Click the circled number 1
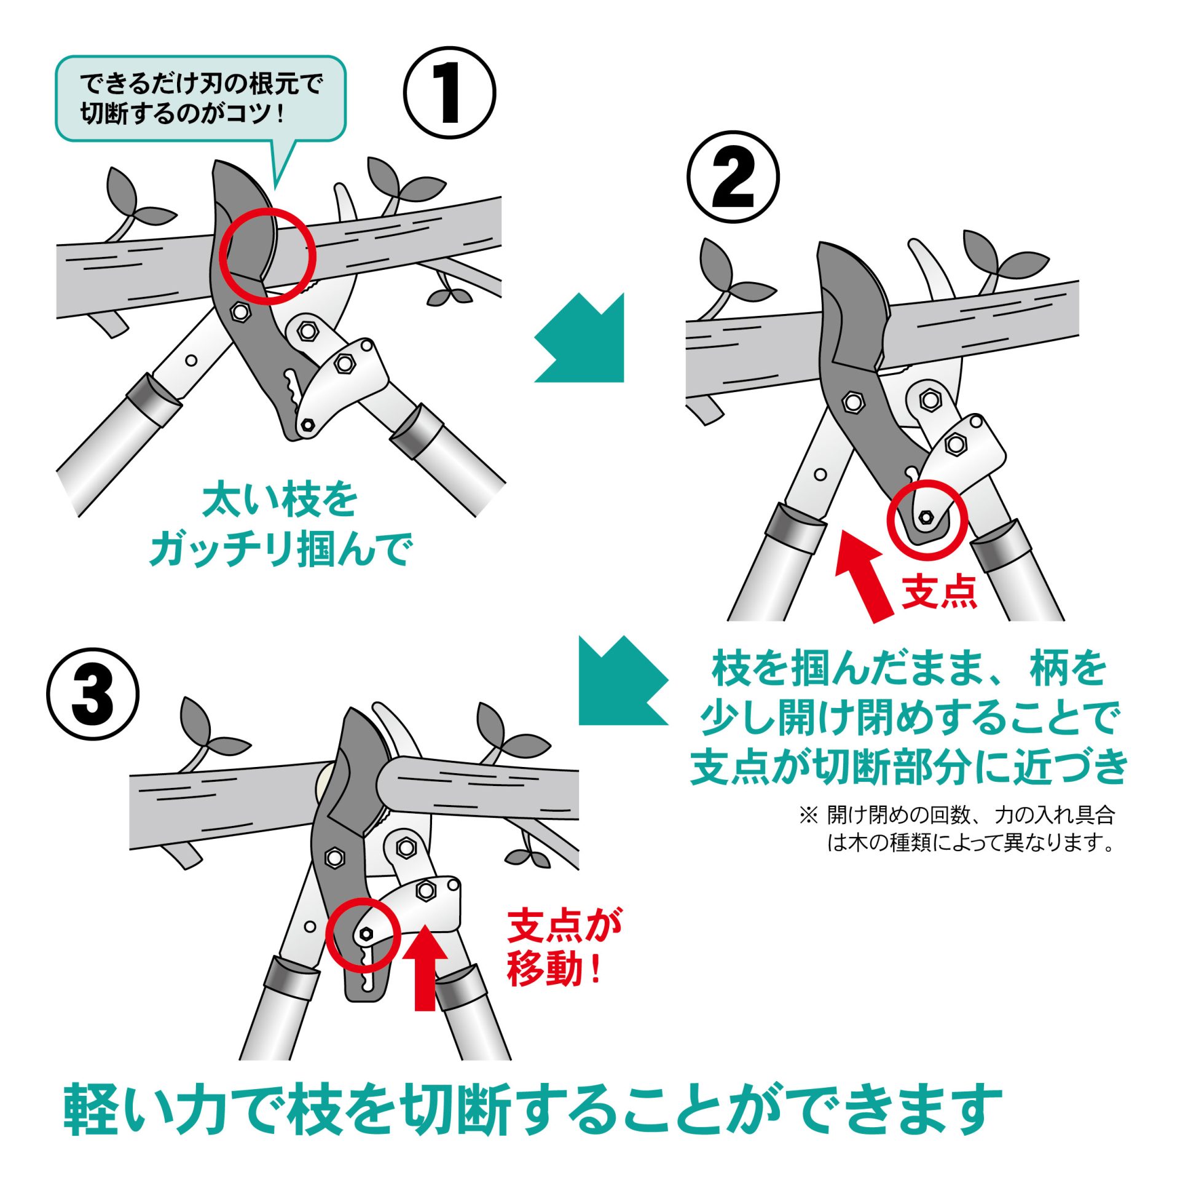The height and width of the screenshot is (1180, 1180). (x=449, y=93)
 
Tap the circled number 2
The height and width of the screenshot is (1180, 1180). (x=733, y=177)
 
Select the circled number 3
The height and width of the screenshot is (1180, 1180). (x=93, y=694)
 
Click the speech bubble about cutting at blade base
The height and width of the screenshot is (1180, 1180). (x=200, y=98)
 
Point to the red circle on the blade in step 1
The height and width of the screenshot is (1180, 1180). (x=268, y=255)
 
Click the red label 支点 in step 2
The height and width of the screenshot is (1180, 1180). (x=939, y=592)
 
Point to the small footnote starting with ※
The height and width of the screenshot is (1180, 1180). (x=958, y=828)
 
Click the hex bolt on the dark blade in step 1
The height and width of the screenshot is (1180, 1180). (x=240, y=312)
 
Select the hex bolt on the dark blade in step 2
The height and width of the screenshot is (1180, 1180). (x=852, y=403)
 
